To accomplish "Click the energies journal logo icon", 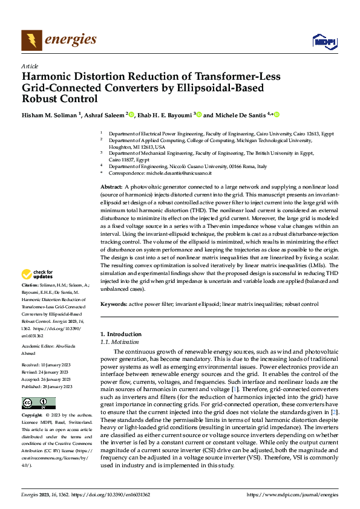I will click(31, 40).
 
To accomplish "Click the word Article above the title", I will click(30, 65).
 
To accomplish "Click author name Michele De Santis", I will click(244, 115).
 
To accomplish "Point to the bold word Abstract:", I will click(111, 187).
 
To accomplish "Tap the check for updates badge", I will click(38, 275).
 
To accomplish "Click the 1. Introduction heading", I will click(121, 334).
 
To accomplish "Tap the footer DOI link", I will click(117, 493).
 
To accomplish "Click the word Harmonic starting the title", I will click(48, 76).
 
